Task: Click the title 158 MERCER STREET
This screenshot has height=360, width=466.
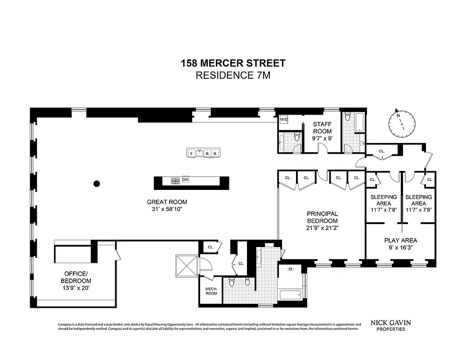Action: (x=233, y=63)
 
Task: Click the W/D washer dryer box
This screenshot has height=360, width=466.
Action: (x=284, y=120)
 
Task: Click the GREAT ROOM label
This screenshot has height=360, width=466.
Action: (x=166, y=202)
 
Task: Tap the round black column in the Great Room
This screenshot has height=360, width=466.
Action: (x=96, y=184)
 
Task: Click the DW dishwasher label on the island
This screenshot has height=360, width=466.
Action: (x=185, y=180)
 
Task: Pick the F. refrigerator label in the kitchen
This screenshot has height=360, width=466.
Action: (x=192, y=153)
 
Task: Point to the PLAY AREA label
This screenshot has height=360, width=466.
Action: (x=400, y=240)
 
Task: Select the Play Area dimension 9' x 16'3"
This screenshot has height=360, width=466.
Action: (x=400, y=247)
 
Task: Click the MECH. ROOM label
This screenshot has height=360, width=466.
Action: (x=211, y=291)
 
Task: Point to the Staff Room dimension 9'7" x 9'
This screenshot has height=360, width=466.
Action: (x=322, y=139)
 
